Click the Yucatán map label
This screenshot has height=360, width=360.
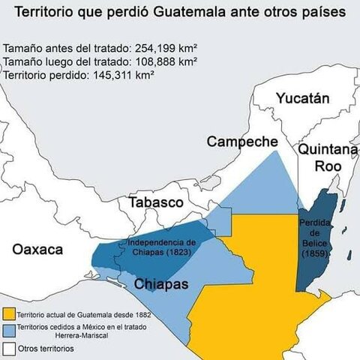click(x=302, y=98)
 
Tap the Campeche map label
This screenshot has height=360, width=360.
click(x=242, y=141)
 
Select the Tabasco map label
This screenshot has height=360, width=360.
click(x=156, y=202)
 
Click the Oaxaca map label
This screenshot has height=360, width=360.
click(x=37, y=250)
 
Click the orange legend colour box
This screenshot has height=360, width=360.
click(x=9, y=313)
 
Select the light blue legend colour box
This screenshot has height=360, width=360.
click(x=9, y=330)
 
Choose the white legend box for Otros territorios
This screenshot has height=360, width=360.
click(x=9, y=349)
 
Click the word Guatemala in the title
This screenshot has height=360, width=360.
click(x=183, y=13)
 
